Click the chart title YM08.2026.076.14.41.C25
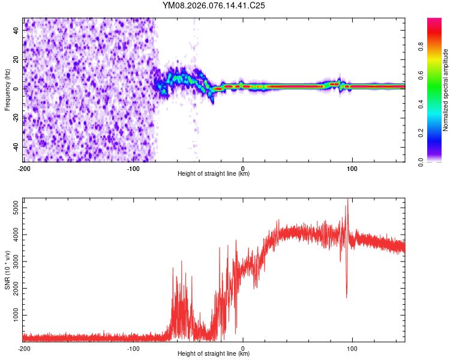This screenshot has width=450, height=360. (214, 5)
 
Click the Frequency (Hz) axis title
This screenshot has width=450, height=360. (7, 90)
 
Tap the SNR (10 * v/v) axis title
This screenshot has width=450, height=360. (7, 270)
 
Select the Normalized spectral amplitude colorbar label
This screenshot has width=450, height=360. (446, 90)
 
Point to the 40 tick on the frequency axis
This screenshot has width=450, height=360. (16, 29)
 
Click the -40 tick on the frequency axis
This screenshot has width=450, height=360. (15, 147)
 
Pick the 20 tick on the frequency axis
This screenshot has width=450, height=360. (16, 58)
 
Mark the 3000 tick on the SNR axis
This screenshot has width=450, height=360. (13, 262)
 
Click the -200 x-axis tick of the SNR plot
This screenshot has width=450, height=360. (24, 348)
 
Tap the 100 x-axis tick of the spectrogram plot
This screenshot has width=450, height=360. (352, 168)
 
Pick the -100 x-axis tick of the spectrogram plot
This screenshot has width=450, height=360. (133, 168)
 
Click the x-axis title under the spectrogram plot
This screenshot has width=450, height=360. (214, 174)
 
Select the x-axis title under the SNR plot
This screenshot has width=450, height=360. (214, 354)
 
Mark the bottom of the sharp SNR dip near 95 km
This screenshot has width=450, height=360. (346, 297)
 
